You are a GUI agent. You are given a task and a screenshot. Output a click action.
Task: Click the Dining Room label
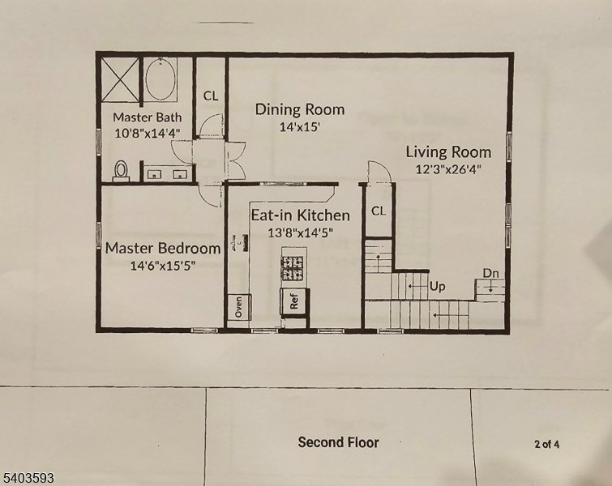pyautogui.click(x=300, y=109)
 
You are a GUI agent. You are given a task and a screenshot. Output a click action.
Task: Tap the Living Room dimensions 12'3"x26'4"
pyautogui.click(x=448, y=169)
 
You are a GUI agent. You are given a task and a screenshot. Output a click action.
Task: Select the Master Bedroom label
pyautogui.click(x=163, y=249)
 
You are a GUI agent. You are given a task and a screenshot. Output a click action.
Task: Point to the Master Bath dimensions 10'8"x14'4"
pyautogui.click(x=148, y=133)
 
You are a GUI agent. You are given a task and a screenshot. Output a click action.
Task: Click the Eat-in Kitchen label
pyautogui.click(x=300, y=215)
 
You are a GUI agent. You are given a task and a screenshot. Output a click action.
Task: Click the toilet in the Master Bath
pyautogui.click(x=121, y=170)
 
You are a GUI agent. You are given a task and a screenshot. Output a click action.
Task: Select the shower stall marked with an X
pyautogui.click(x=121, y=79)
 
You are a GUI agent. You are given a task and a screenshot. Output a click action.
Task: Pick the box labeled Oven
pyautogui.click(x=238, y=306)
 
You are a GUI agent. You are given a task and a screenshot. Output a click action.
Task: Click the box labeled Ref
pyautogui.click(x=295, y=301)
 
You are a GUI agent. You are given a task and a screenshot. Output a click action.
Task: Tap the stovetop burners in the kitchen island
pyautogui.click(x=293, y=268)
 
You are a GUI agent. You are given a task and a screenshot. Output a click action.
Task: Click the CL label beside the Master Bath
pyautogui.click(x=211, y=96)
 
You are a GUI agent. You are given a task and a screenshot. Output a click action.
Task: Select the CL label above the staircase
pyautogui.click(x=379, y=211)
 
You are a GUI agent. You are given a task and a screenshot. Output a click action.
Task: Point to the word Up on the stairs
pyautogui.click(x=437, y=287)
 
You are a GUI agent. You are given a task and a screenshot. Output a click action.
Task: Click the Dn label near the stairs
pyautogui.click(x=491, y=274)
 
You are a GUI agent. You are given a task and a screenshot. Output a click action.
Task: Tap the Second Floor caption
pyautogui.click(x=338, y=442)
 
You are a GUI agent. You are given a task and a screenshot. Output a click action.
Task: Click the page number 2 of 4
pyautogui.click(x=547, y=444)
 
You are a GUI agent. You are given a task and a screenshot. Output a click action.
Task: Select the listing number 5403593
pyautogui.click(x=28, y=478)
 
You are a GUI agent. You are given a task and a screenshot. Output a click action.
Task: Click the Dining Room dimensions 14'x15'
pyautogui.click(x=300, y=127)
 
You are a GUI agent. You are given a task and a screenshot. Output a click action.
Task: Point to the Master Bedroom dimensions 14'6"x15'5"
pyautogui.click(x=163, y=266)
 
